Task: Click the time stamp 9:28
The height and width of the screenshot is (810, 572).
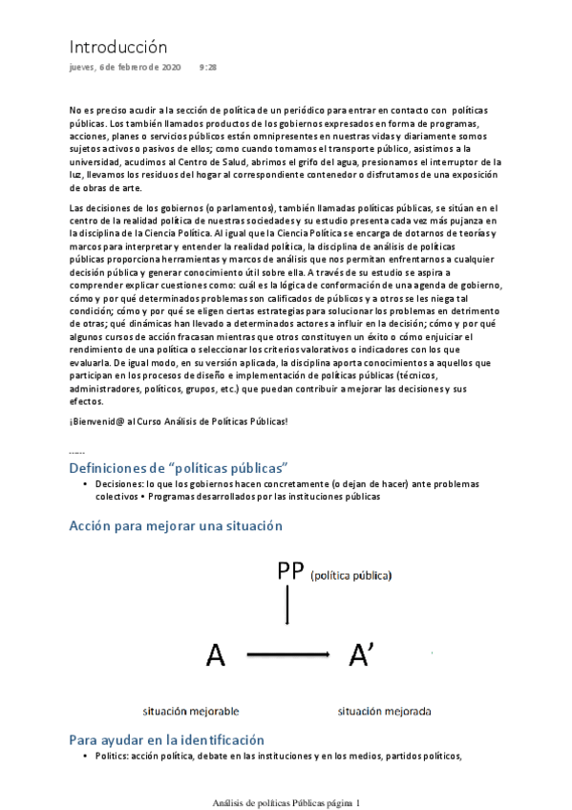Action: pos(207,68)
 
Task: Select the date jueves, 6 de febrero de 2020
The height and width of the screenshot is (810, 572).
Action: pos(125,68)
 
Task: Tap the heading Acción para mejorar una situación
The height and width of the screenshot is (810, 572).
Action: pos(175,525)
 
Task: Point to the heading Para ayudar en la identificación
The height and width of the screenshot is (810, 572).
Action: pos(166,739)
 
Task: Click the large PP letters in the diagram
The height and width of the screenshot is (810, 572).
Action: pos(289,571)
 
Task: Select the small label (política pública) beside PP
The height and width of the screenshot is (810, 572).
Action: pos(350,575)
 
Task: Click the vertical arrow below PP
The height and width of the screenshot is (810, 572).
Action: pos(287,606)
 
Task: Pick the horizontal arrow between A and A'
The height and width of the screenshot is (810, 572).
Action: pos(288,655)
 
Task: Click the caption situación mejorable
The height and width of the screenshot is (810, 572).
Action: pos(191,711)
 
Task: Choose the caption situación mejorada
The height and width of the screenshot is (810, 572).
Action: pos(384,711)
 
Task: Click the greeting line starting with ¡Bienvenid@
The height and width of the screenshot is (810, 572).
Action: pos(179,420)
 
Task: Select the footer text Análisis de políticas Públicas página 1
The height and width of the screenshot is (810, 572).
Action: pos(286,803)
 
